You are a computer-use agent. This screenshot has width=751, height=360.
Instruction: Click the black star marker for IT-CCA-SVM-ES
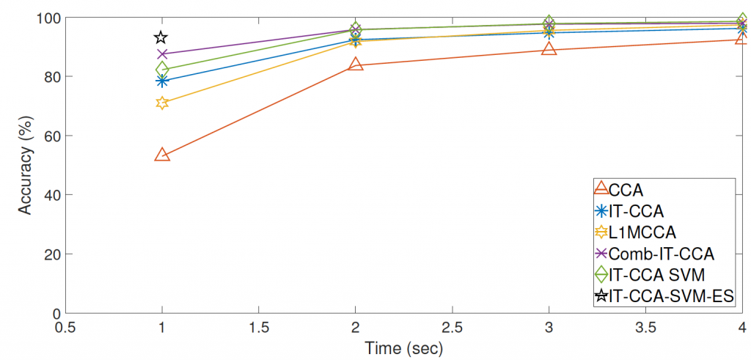click(x=161, y=37)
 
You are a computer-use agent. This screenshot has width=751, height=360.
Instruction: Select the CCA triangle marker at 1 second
click(x=162, y=155)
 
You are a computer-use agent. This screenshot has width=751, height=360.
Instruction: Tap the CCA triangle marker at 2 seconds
click(x=355, y=64)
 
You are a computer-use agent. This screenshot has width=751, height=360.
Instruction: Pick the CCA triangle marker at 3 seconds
click(x=548, y=49)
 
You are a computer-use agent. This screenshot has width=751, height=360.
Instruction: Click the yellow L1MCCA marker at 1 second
click(x=162, y=103)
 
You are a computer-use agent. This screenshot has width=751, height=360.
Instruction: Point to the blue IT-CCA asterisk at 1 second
click(x=162, y=80)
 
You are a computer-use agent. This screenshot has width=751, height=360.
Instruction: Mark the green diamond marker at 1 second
click(x=162, y=69)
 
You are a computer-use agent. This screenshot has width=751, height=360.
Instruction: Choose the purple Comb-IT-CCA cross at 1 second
click(x=162, y=54)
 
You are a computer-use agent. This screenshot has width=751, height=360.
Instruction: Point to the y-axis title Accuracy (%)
click(x=25, y=164)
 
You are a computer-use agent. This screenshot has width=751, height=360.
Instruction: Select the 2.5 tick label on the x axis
click(x=451, y=326)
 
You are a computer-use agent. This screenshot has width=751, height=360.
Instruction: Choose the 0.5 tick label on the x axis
click(x=65, y=326)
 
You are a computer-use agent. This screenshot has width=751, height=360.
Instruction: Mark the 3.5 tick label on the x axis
click(x=645, y=326)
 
